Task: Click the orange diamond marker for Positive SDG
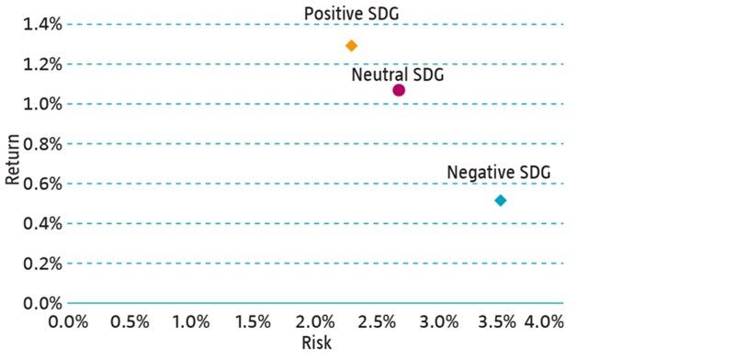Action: point(351,45)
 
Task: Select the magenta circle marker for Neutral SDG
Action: point(399,90)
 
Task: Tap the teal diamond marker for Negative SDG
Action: point(501,200)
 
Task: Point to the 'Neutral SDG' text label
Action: point(397,73)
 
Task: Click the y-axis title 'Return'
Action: point(13,162)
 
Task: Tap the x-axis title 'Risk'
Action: point(315,343)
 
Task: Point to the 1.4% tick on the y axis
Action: point(42,25)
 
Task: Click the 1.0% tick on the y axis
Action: point(42,104)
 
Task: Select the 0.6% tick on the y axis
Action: point(42,184)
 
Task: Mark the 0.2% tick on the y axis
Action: point(42,264)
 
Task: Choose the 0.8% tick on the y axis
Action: point(42,144)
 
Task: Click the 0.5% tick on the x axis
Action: point(130,321)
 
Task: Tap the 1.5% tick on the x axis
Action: point(254,321)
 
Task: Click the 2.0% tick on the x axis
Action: point(315,321)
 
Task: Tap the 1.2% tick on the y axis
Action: point(42,64)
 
